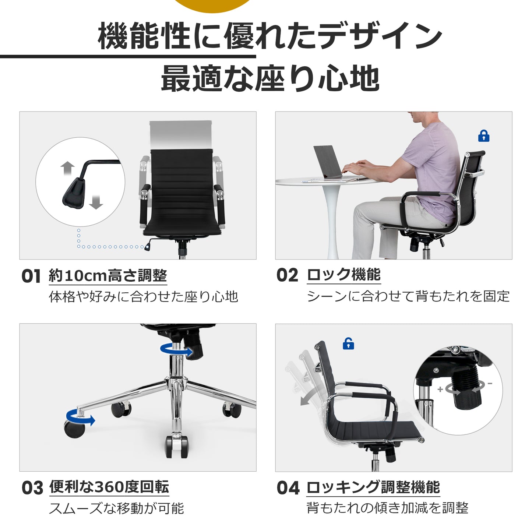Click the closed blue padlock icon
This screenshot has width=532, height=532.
tap(484, 136)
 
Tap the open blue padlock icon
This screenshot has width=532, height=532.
tap(348, 343)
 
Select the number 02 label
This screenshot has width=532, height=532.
tap(288, 275)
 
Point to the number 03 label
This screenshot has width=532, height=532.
tap(32, 488)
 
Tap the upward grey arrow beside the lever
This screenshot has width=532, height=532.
tap(68, 168)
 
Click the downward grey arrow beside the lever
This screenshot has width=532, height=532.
tap(96, 202)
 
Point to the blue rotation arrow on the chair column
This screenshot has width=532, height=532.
tap(176, 349)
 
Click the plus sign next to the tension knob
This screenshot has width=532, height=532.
tap(440, 389)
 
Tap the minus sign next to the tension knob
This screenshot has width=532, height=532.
tap(490, 384)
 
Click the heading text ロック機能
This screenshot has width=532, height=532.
tap(344, 275)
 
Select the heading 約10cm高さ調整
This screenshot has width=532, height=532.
tap(108, 275)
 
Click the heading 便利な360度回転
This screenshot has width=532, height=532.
tap(109, 487)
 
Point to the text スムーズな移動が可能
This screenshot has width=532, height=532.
tap(116, 509)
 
